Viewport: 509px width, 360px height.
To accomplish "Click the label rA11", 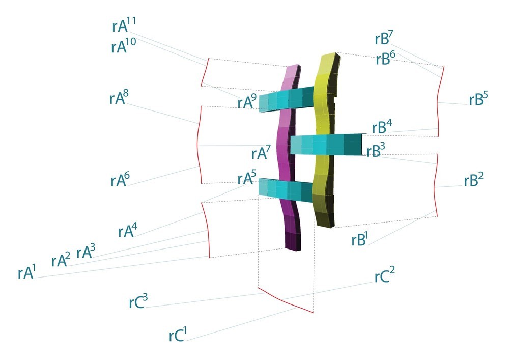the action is pos(124,25).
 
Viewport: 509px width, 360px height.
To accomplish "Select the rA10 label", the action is pos(124,46).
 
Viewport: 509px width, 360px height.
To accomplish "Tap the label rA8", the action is pos(119,97).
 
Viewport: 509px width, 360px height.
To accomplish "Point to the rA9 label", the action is pos(247,101).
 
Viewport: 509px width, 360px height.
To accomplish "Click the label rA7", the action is pos(261,152).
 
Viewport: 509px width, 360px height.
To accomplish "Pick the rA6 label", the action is pos(120,180).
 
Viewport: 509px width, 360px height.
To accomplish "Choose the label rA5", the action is pos(247,177).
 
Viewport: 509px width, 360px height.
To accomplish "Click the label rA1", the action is pos(26,271).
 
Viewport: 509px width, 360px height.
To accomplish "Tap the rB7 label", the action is pos(384,38).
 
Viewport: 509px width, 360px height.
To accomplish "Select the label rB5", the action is pos(478,99).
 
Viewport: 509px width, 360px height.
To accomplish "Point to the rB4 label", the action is pos(382,127).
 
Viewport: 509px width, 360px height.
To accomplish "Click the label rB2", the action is pos(473,180).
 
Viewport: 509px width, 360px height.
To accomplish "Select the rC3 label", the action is pos(138,301).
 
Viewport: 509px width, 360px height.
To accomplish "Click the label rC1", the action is pos(178,335).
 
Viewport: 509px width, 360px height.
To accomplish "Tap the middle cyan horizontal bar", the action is pos(328,144).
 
